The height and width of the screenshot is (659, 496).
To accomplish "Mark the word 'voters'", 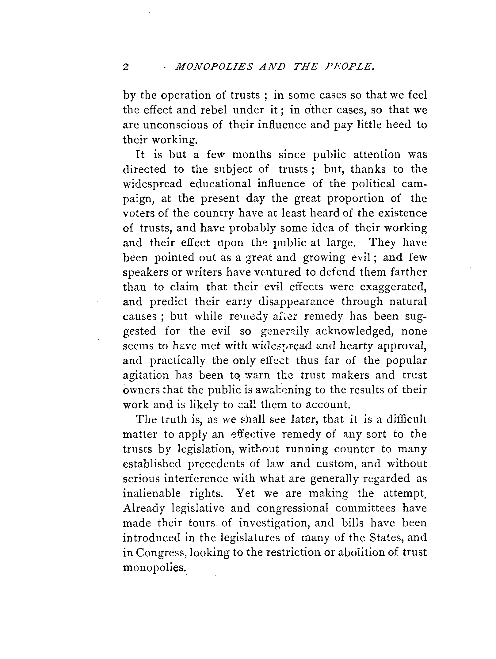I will (x=140, y=213).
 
